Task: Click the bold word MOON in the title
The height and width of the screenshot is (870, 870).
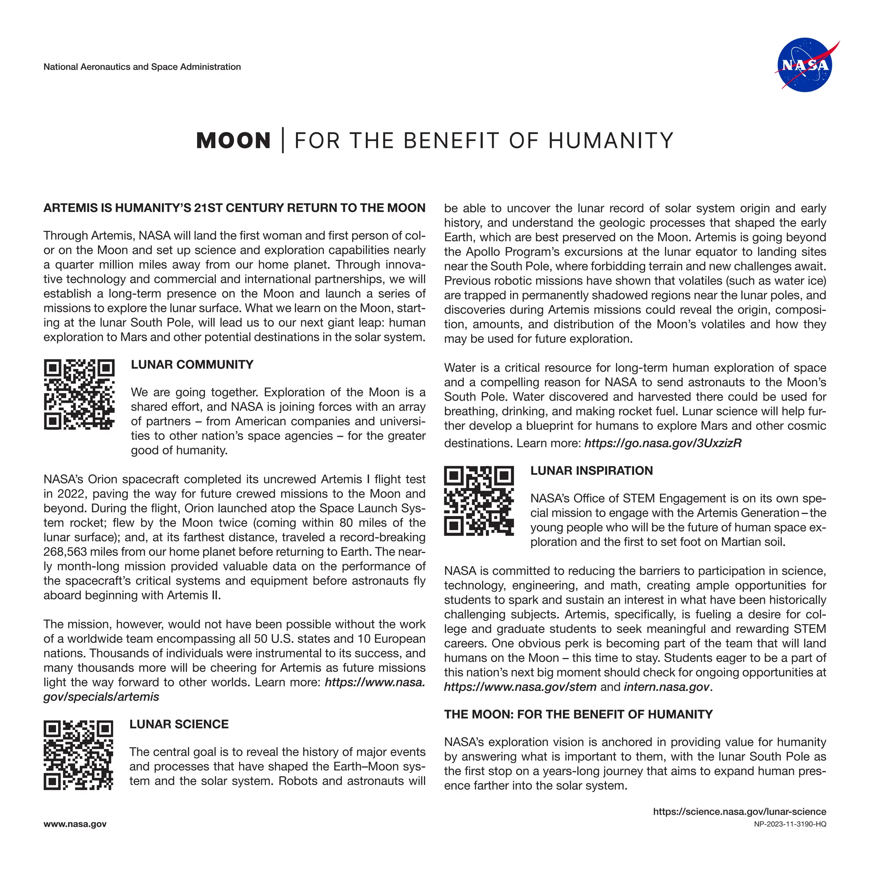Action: (x=233, y=141)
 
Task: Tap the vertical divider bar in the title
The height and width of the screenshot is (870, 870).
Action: (x=283, y=141)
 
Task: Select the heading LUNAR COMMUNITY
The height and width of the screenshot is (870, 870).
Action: (x=192, y=365)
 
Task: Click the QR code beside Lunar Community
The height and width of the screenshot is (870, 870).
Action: (x=79, y=395)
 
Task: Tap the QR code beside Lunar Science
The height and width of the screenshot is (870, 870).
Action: (x=78, y=755)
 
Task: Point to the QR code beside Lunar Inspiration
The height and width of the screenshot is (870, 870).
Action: (x=479, y=501)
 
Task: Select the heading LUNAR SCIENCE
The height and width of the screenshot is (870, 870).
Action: (x=179, y=725)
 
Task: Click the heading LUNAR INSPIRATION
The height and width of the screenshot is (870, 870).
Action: (x=591, y=471)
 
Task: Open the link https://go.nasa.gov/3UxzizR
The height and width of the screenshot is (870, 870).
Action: (x=662, y=443)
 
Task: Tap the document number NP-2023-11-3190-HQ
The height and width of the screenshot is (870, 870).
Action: (x=790, y=825)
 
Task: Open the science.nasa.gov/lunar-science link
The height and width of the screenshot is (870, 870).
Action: (x=740, y=812)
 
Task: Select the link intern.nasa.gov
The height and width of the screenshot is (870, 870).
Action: (x=666, y=687)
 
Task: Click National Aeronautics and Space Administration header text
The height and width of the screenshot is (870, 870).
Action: (x=142, y=67)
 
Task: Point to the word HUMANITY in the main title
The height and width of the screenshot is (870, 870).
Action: (x=610, y=141)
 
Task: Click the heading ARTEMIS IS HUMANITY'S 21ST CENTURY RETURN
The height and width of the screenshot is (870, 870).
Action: (x=234, y=208)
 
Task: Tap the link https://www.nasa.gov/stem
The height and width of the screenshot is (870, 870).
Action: (x=520, y=687)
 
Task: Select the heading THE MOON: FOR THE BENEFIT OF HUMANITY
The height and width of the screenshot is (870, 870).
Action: (x=578, y=715)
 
